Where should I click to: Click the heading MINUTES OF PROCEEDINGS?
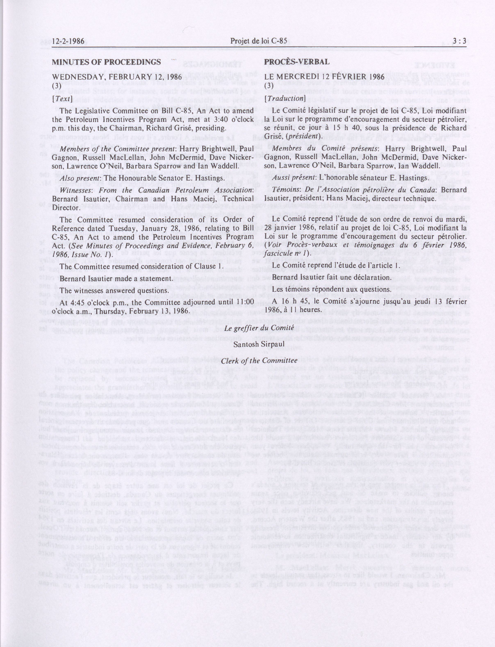[106, 62]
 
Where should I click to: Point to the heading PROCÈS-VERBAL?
[297, 62]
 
